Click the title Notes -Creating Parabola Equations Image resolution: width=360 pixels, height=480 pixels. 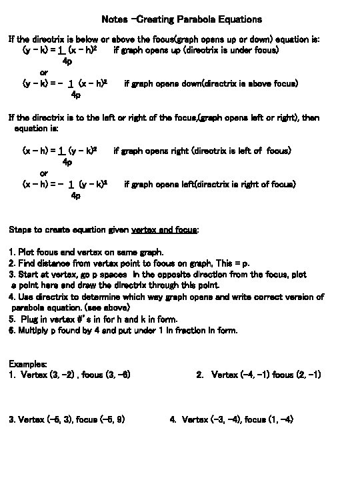coord(182,19)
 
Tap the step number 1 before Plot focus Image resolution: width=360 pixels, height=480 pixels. coord(11,253)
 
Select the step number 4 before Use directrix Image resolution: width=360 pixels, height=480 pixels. coord(11,297)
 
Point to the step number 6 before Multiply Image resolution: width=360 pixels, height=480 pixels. coord(11,330)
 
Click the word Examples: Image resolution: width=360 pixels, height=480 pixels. coord(28,364)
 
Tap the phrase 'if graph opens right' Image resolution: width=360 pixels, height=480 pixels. coord(147,151)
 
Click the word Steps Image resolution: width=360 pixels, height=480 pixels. coord(20,229)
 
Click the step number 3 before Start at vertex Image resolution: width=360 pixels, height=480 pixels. coord(11,274)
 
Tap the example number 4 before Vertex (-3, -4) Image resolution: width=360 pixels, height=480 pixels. coord(173,419)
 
